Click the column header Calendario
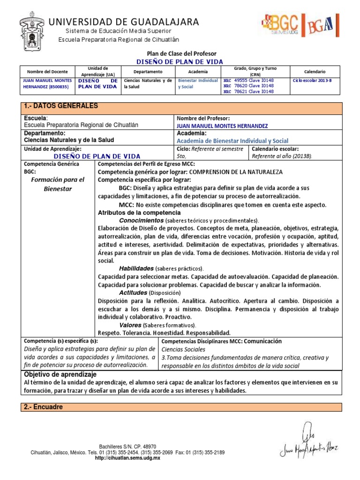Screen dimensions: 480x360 (x=315, y=72)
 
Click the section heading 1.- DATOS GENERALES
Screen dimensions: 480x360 (x=61, y=106)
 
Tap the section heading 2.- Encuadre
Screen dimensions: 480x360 (x=43, y=407)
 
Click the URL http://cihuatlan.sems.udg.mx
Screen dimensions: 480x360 (x=127, y=458)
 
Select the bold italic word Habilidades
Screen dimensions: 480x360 (x=136, y=269)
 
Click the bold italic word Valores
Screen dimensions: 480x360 (x=130, y=324)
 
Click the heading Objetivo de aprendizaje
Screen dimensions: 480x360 (x=60, y=375)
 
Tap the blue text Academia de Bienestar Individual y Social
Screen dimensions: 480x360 (x=232, y=141)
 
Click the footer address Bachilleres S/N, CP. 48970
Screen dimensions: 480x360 (x=127, y=446)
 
